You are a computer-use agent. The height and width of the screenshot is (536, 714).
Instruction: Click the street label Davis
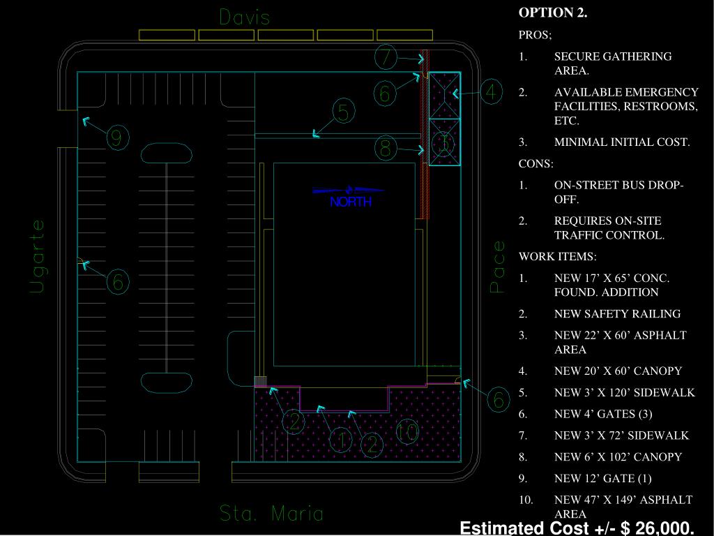point(245,17)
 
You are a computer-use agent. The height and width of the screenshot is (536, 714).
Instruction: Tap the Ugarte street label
point(38,256)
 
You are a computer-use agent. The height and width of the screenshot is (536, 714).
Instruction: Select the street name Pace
point(498,267)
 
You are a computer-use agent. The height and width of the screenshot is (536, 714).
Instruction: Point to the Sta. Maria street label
point(271,514)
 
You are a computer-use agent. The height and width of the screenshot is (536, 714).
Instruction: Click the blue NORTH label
point(351,202)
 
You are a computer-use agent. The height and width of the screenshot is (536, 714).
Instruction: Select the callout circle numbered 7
point(386,57)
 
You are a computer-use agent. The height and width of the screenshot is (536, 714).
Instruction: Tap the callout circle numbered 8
point(385,148)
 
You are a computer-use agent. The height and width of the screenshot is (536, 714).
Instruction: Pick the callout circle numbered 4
point(491,92)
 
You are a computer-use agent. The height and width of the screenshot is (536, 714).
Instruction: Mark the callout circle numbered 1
point(341,440)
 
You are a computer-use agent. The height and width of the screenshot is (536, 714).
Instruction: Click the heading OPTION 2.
point(553,13)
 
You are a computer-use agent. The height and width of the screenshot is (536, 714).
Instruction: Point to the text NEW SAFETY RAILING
point(617,314)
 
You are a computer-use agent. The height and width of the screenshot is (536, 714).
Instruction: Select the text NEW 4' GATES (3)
point(603,414)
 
